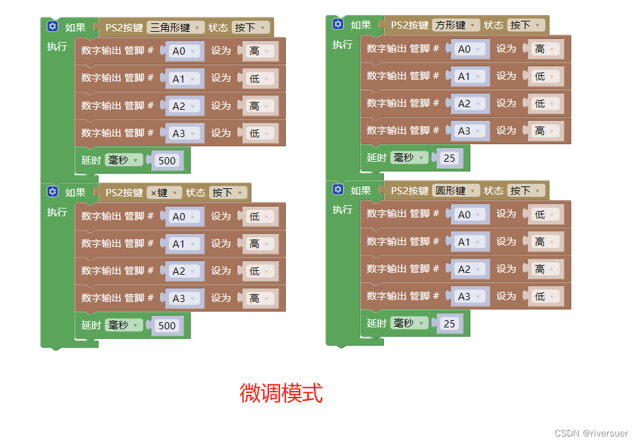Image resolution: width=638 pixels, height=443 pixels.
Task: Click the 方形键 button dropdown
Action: point(455,25)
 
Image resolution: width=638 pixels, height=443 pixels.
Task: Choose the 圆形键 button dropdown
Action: point(455,191)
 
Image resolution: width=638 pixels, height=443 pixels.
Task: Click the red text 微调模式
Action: point(281,393)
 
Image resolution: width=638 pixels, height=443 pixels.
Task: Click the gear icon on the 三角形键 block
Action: point(53,27)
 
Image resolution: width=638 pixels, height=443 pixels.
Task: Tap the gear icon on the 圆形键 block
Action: point(338,190)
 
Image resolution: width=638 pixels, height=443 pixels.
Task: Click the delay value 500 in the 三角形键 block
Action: point(167,160)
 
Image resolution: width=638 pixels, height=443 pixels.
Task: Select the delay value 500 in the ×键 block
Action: point(167,325)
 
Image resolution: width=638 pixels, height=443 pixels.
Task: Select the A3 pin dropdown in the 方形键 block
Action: point(469,131)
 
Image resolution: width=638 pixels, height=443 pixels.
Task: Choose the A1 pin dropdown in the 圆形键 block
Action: point(469,242)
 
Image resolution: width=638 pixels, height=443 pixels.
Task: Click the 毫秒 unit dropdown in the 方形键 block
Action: point(409,158)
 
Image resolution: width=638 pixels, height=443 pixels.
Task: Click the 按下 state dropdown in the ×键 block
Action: point(229,193)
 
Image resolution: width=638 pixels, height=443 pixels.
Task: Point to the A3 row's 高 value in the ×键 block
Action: point(259,299)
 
